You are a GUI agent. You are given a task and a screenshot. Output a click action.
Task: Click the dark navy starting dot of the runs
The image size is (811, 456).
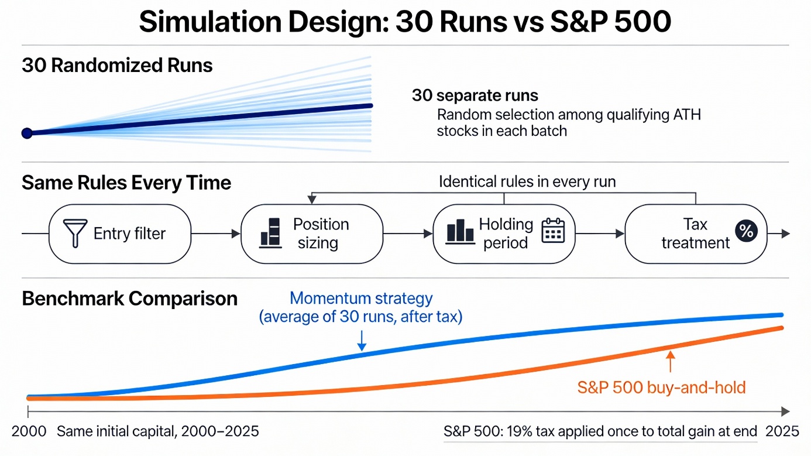point(26,133)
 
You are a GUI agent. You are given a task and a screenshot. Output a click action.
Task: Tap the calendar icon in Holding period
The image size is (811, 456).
point(552,231)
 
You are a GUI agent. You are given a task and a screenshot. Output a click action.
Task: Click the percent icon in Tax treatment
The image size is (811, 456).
point(746,231)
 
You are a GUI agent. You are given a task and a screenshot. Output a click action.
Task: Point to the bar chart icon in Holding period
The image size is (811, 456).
point(460,231)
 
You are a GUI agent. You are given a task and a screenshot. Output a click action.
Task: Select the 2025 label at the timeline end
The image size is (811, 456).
point(782,432)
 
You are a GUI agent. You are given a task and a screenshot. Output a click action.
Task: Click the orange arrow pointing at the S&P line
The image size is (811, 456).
point(670,361)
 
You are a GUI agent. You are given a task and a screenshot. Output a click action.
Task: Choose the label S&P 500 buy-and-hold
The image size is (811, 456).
point(661,388)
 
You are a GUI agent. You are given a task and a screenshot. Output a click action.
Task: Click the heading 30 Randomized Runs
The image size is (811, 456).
point(117,66)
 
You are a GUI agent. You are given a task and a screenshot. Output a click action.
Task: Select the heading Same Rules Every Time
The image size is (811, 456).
point(126,183)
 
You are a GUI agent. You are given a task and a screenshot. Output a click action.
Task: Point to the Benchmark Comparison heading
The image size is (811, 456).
point(129,299)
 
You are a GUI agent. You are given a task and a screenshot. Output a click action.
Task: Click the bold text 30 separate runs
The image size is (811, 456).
point(475,95)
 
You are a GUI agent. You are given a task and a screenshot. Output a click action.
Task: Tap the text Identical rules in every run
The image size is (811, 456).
point(527,181)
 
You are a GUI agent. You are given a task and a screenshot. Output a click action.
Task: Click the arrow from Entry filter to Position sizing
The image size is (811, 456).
point(216,234)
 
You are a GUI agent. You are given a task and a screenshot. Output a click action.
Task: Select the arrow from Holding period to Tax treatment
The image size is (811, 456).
point(600,234)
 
